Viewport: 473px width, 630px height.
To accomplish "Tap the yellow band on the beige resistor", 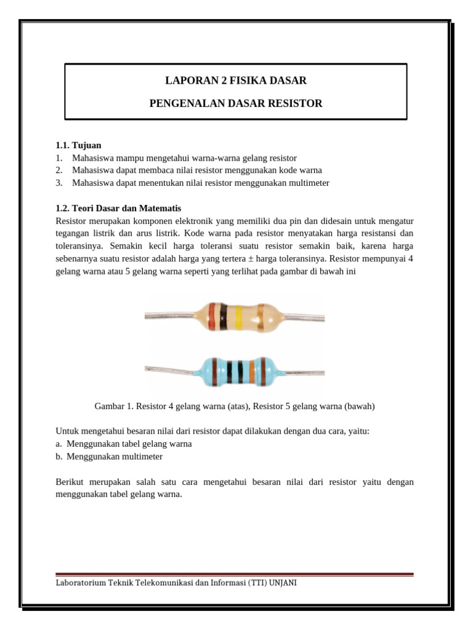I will (238, 317).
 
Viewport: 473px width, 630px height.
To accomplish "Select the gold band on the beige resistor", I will (261, 317).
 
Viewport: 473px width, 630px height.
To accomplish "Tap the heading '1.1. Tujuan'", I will (78, 145).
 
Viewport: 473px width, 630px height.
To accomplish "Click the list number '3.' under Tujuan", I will (59, 183).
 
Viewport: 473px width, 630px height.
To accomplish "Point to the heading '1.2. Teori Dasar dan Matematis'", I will (118, 208).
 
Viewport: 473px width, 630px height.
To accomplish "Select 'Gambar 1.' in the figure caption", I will (114, 407).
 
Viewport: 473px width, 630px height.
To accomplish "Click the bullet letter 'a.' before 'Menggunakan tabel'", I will (59, 444).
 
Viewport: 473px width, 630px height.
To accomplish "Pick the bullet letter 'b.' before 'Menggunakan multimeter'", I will (59, 457).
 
